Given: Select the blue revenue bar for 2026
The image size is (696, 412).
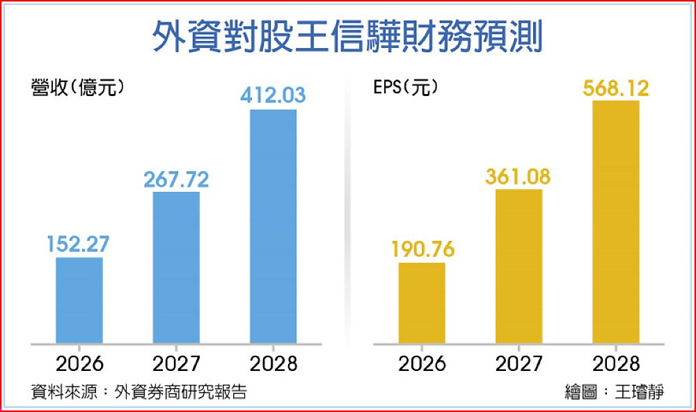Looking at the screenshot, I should click(x=79, y=301).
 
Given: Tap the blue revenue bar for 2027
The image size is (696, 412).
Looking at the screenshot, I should click(x=176, y=268).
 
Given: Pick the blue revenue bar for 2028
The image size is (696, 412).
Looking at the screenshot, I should click(x=273, y=226).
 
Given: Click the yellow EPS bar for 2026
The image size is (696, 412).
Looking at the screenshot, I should click(x=421, y=303).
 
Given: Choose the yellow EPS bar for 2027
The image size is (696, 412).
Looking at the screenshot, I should click(x=519, y=266).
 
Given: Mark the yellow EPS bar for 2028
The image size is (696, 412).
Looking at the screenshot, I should click(x=615, y=222).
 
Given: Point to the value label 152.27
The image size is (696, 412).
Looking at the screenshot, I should click(x=79, y=244).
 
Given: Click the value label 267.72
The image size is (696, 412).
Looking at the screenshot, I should click(x=176, y=179).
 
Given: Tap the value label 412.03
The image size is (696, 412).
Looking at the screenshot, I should click(x=273, y=95).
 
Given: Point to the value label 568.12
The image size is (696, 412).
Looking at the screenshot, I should click(x=615, y=88).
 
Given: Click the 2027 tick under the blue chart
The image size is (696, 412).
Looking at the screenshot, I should click(x=176, y=363).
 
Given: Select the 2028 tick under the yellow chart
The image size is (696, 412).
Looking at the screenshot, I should click(x=615, y=363).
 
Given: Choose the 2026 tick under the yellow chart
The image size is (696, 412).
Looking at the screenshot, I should click(x=421, y=363).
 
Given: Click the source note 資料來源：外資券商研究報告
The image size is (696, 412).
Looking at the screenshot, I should click(x=139, y=392).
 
